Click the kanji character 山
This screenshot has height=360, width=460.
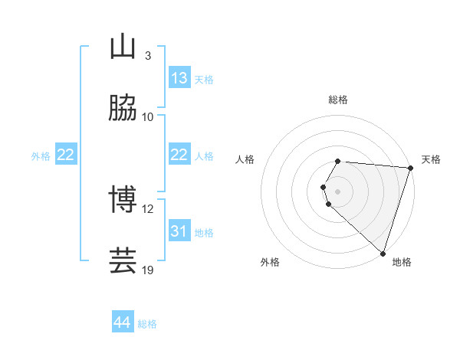pos(123,47)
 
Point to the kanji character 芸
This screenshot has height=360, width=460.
pos(123,261)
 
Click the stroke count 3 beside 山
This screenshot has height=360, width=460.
pos(147,56)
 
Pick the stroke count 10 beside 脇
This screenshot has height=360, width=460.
pos(148,116)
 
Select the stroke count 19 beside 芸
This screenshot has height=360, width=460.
pos(148,270)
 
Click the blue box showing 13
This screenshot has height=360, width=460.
pos(179,78)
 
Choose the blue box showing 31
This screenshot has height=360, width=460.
pos(179,231)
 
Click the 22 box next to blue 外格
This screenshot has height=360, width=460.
pos(65,155)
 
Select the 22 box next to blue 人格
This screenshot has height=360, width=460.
pos(179,155)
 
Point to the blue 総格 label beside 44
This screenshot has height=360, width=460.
pos(147,324)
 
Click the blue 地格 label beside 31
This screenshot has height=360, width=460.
pos(204,232)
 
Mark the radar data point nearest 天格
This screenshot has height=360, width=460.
pos(410,168)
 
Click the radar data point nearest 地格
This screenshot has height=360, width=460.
pos(383,253)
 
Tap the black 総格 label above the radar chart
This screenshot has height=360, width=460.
pos(337,100)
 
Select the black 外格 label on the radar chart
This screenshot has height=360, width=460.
pos(270,262)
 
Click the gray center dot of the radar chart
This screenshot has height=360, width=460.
pos(337,190)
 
